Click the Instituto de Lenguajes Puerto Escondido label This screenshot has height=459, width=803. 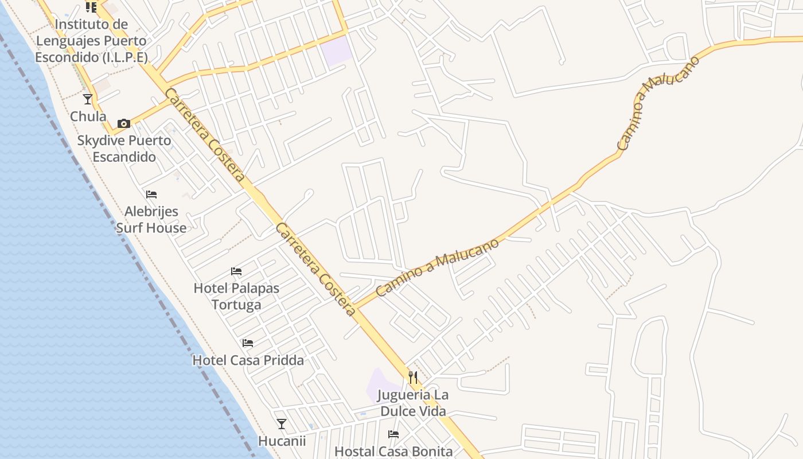(91, 41)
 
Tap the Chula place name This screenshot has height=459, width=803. (88, 116)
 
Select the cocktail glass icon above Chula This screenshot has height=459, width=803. (88, 99)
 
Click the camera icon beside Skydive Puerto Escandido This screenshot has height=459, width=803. (123, 123)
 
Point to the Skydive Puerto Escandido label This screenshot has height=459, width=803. (124, 149)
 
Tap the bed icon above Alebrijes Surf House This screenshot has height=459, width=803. (151, 195)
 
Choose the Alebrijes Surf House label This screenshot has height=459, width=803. (151, 220)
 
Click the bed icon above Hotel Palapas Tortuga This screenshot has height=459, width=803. (236, 271)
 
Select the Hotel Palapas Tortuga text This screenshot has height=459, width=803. (236, 296)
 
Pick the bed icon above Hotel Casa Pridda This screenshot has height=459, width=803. (248, 343)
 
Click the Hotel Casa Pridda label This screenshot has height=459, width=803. (248, 360)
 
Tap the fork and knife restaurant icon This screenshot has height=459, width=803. (413, 377)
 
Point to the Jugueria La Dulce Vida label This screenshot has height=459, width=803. (414, 403)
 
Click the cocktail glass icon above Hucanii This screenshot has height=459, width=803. (281, 424)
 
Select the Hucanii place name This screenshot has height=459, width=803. (282, 441)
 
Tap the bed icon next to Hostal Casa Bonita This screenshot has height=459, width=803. (393, 434)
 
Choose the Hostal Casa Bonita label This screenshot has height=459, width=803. (393, 452)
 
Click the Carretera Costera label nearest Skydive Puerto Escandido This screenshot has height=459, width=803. (205, 135)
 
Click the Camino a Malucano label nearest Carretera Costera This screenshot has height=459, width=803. (437, 267)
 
